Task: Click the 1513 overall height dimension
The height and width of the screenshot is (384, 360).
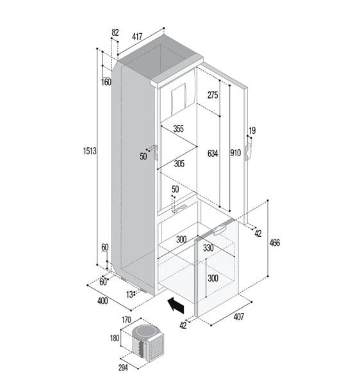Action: click(90, 152)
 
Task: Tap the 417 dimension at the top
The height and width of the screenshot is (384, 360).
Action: click(138, 37)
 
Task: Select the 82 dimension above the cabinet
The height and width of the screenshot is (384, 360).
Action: click(115, 33)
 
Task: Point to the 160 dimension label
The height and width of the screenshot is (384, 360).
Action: click(106, 82)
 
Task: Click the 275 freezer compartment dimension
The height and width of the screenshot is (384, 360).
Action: click(213, 95)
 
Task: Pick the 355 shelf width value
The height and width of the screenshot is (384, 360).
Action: click(178, 129)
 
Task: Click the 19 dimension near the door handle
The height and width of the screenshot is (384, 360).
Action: click(252, 131)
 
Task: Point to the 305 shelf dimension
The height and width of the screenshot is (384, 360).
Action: click(179, 164)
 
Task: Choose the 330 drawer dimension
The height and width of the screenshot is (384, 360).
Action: click(208, 248)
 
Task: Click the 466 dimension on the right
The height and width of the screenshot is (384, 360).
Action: click(275, 243)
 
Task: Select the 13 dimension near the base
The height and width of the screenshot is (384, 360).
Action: click(130, 294)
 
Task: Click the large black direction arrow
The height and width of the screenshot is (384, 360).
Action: click(174, 305)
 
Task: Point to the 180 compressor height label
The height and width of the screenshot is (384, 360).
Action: click(115, 339)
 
